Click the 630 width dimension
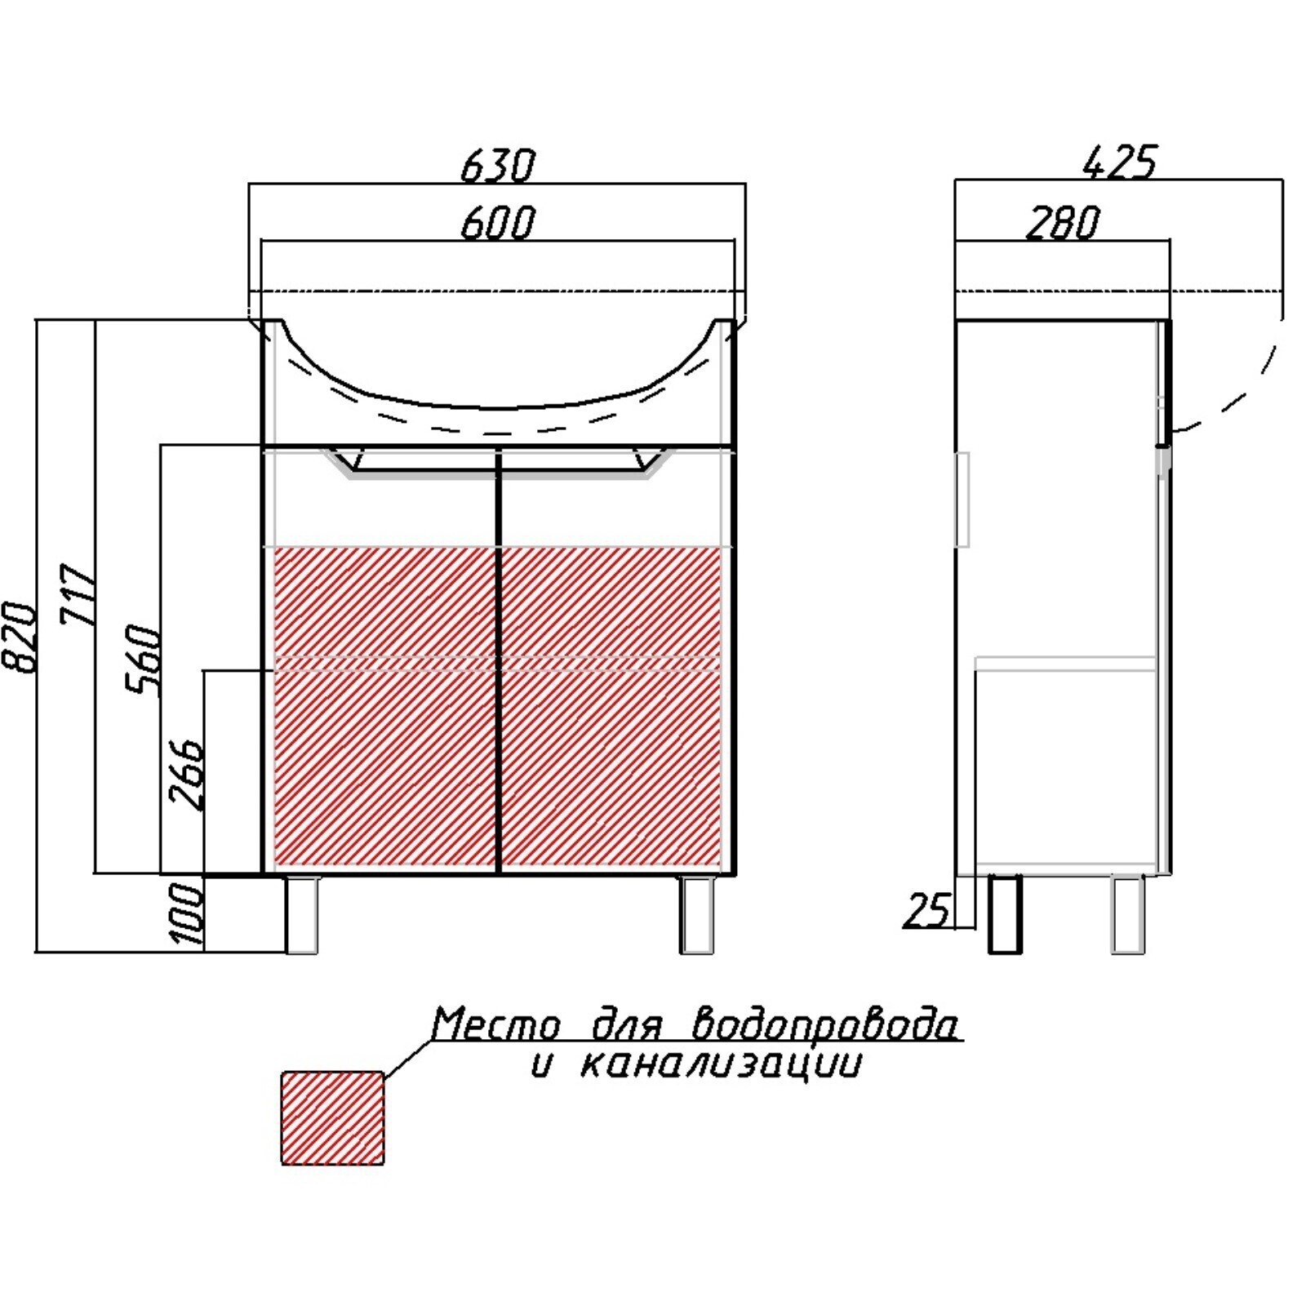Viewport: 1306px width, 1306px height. (498, 166)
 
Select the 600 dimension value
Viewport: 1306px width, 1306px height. (498, 222)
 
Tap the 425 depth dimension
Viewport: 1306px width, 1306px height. (1120, 162)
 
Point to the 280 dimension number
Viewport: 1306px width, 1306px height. (1063, 223)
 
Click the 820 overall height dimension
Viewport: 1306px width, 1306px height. (19, 637)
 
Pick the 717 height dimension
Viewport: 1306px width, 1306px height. (78, 594)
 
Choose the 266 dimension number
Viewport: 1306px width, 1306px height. (185, 775)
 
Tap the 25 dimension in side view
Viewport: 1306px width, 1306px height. (928, 911)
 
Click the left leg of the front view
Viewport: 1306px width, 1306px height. (302, 915)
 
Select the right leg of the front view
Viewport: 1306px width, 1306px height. (697, 915)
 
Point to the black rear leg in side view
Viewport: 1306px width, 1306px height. (1005, 914)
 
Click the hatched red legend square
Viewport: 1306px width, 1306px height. (332, 1117)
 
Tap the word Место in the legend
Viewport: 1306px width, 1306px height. (496, 1024)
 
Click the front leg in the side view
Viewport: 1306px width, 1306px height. (1128, 914)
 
